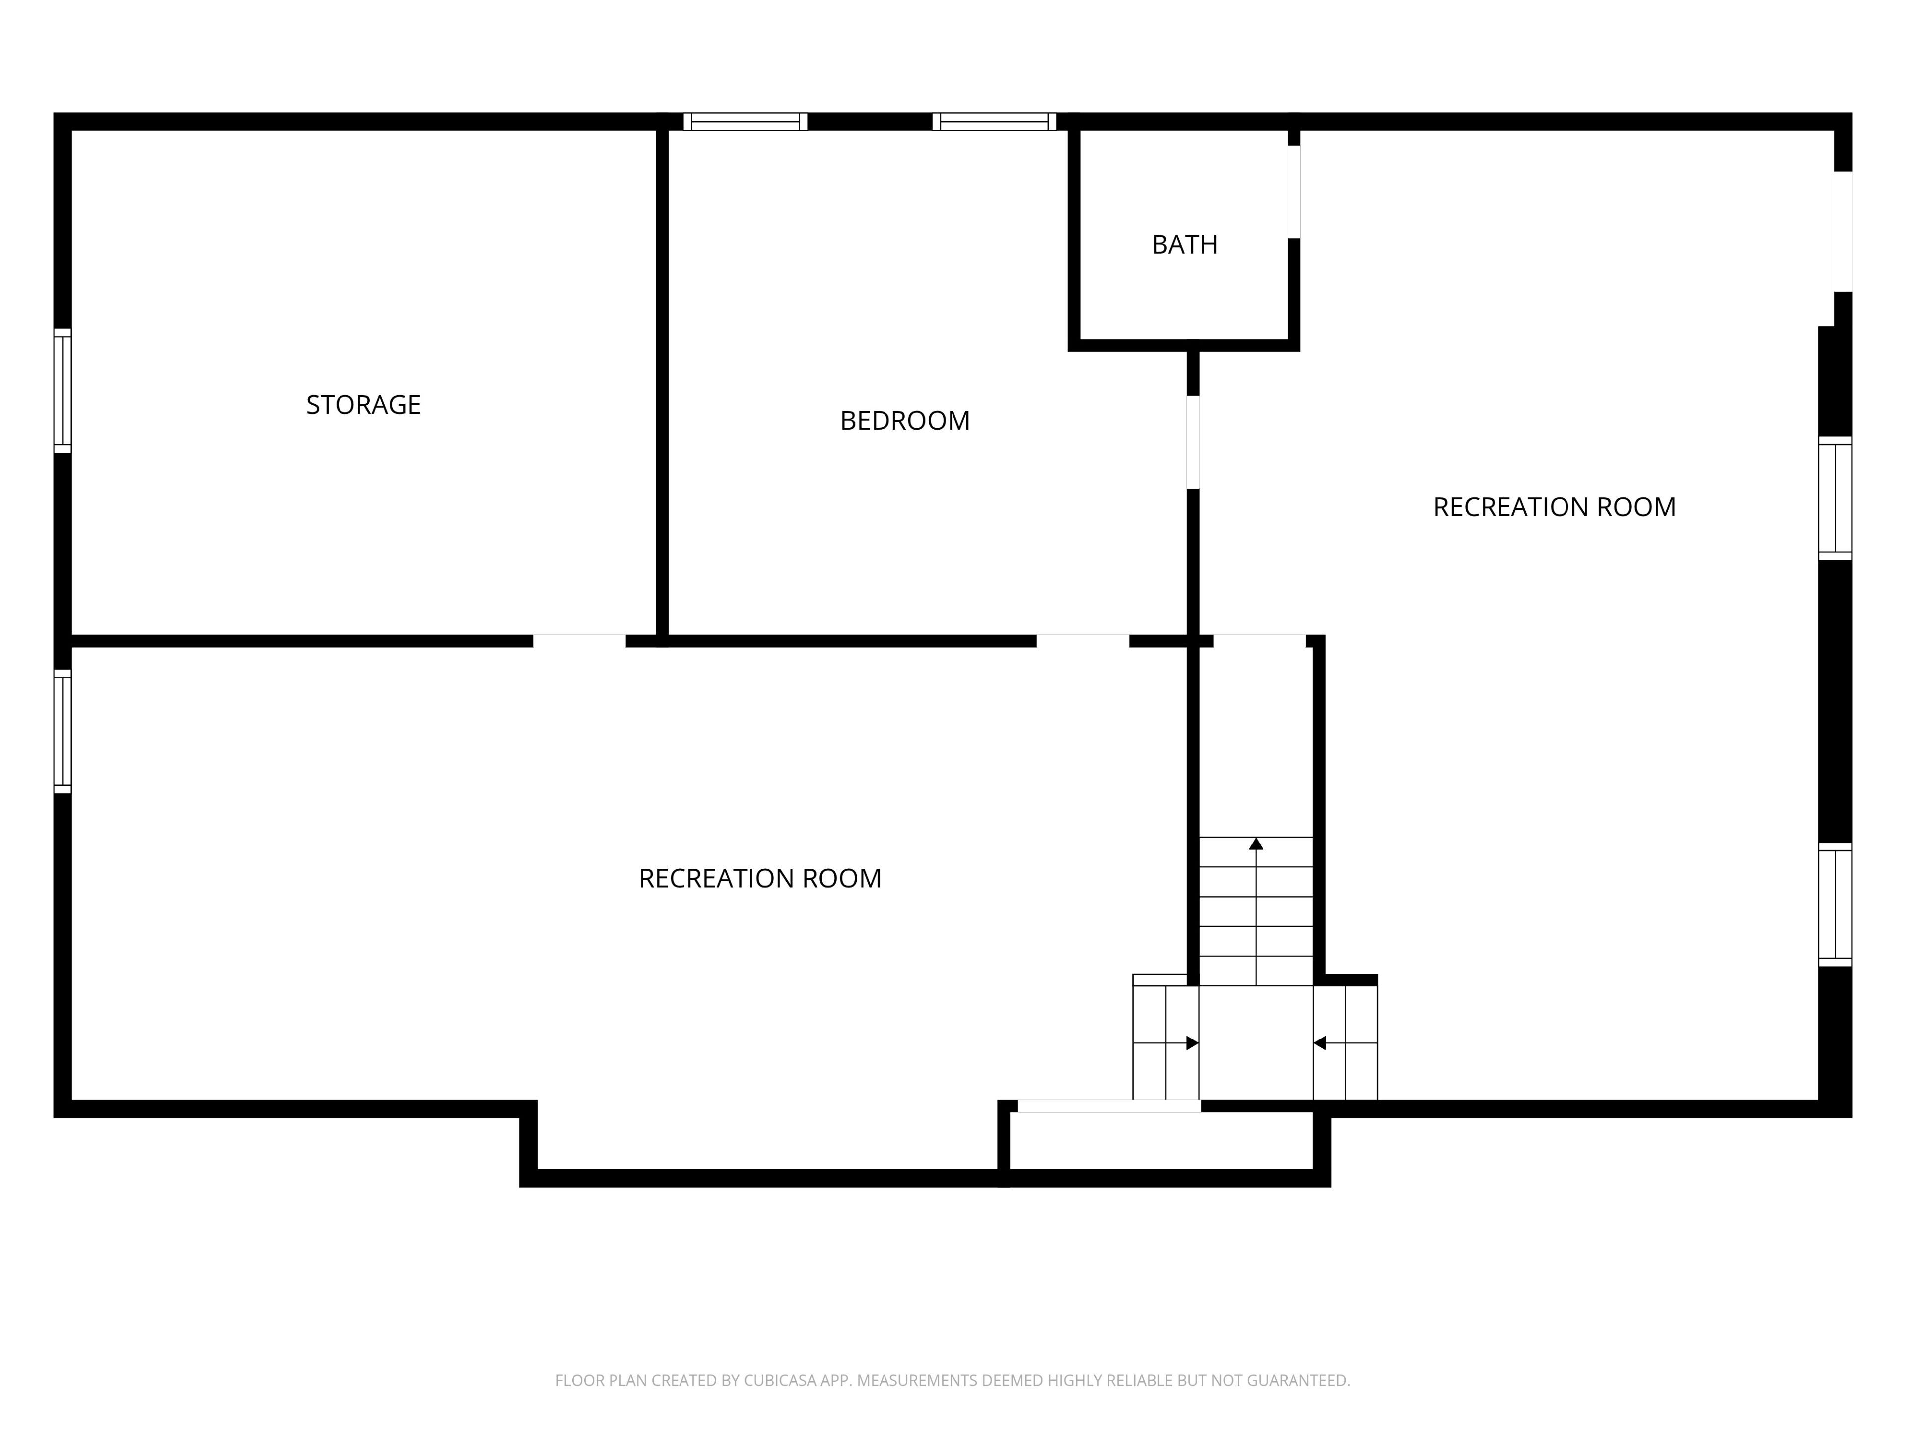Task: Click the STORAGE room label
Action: coord(364,405)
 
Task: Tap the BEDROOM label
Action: coord(905,420)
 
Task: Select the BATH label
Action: coord(1185,245)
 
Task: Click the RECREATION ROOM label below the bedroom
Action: coord(760,879)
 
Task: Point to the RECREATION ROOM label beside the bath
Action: coord(1555,507)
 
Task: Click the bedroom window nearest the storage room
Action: coord(746,122)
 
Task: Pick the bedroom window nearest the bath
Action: coord(994,122)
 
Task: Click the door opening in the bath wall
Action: coord(1294,192)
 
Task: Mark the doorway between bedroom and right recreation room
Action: coord(1193,442)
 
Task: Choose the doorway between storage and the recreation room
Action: coord(579,641)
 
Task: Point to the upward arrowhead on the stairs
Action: coord(1256,844)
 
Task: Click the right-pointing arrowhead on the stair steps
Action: coord(1193,1043)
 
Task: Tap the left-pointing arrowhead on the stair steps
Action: coord(1319,1043)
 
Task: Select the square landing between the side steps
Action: coord(1256,1043)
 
